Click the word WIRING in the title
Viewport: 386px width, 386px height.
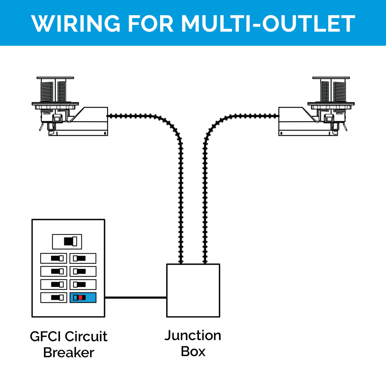[x=76, y=24]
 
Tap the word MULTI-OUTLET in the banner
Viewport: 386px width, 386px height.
[x=268, y=24]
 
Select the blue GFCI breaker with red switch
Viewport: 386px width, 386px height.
[x=83, y=298]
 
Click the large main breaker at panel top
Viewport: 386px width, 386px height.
[x=67, y=242]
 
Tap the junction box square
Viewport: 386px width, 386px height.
[x=193, y=290]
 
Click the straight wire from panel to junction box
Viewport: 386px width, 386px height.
[x=136, y=298]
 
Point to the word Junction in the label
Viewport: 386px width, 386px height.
[x=193, y=335]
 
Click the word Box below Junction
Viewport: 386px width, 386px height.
[x=193, y=352]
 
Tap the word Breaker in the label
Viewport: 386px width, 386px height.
[x=68, y=353]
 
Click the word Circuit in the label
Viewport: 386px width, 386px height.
[x=86, y=337]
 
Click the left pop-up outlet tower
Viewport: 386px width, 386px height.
[x=55, y=90]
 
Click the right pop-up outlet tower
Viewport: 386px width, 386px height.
[x=331, y=90]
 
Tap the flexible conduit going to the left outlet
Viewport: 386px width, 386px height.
[x=180, y=181]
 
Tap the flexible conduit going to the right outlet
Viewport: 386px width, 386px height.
[x=205, y=181]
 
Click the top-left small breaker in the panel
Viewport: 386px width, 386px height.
[x=54, y=258]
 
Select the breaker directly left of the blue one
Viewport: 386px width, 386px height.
[x=54, y=298]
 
